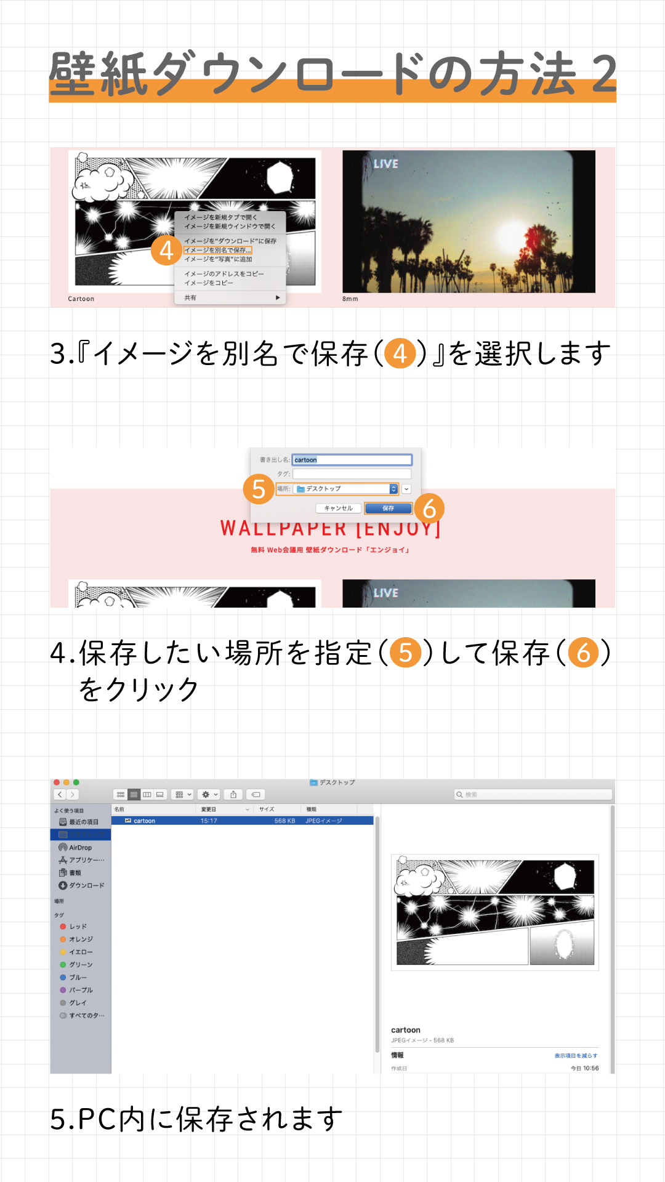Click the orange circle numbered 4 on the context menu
[x=166, y=251]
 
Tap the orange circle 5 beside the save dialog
[x=259, y=489]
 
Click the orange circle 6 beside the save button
[x=429, y=509]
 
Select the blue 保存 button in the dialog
[x=388, y=509]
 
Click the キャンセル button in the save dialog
[x=338, y=509]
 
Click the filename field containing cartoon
[x=352, y=460]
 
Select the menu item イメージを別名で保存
[x=217, y=251]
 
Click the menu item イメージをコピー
[x=209, y=283]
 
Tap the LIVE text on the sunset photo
[x=386, y=164]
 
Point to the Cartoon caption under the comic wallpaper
[x=81, y=299]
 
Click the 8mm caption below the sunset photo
[x=350, y=299]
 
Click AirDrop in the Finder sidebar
[x=80, y=848]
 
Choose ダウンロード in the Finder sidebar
[x=86, y=885]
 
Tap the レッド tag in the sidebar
[x=78, y=927]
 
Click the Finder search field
[x=533, y=795]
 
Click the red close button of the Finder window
[x=57, y=782]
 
